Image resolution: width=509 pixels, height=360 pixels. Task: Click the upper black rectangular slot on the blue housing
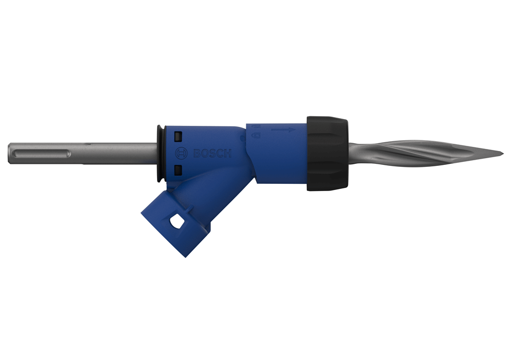point(178,136)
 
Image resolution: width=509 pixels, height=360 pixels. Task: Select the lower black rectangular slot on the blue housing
point(178,170)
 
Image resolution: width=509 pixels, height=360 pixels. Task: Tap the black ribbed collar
point(327,154)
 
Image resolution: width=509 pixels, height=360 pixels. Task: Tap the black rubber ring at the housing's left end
point(160,153)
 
